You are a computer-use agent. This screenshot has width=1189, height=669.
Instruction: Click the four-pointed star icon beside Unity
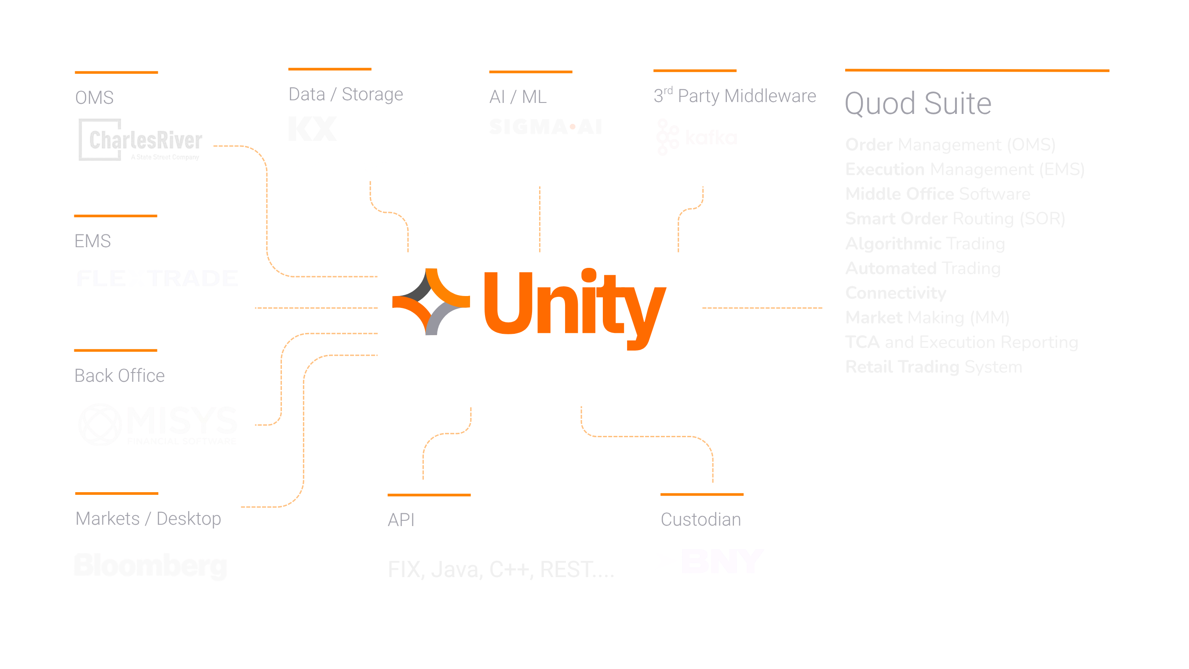[x=430, y=301]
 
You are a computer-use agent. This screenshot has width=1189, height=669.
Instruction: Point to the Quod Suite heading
[x=918, y=103]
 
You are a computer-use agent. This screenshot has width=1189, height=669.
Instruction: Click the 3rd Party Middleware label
[x=734, y=96]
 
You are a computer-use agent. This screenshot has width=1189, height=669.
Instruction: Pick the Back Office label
[x=120, y=376]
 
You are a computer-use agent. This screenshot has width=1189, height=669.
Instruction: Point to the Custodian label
[x=700, y=520]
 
